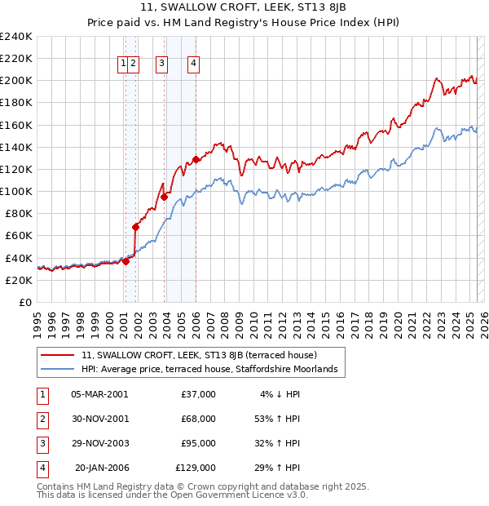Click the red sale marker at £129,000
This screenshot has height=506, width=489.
click(x=196, y=159)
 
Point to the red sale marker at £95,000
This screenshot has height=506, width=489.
click(x=165, y=197)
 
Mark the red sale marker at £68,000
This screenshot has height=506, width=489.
click(x=136, y=227)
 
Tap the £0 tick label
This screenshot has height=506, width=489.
click(x=25, y=302)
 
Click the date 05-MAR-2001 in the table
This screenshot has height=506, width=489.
click(x=99, y=394)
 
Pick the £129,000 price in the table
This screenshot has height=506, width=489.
click(x=196, y=468)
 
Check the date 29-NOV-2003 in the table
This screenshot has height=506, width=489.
click(x=99, y=443)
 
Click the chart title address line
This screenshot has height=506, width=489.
click(x=243, y=7)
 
